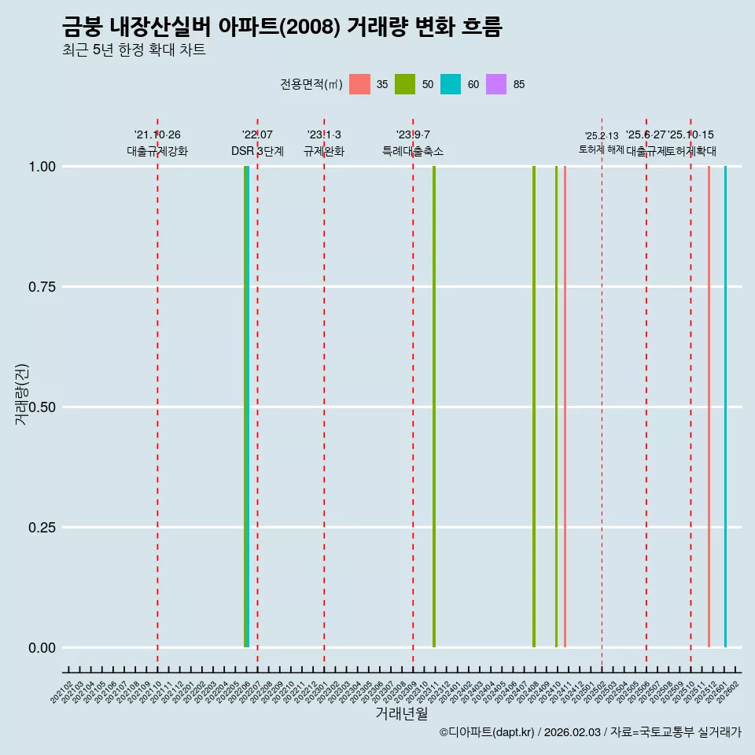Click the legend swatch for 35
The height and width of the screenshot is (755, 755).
point(359,84)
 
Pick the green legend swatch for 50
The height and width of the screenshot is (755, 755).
point(405,84)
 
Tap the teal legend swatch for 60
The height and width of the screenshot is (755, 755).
point(451,84)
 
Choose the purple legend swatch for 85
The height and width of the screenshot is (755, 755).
point(496,84)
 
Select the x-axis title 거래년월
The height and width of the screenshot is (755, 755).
point(401,713)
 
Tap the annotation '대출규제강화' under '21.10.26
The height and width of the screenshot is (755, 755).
point(157,151)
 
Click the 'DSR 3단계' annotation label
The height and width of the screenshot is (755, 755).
point(257,151)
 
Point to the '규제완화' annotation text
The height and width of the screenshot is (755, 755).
point(324,151)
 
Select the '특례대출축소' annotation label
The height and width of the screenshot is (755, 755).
point(413,151)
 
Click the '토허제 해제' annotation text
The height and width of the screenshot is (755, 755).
point(602,149)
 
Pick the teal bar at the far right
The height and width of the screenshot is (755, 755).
point(725,407)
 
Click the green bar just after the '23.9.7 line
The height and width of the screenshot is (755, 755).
point(434,407)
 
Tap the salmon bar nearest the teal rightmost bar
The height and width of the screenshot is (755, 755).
point(709,407)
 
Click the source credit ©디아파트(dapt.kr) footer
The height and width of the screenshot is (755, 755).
point(590,732)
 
